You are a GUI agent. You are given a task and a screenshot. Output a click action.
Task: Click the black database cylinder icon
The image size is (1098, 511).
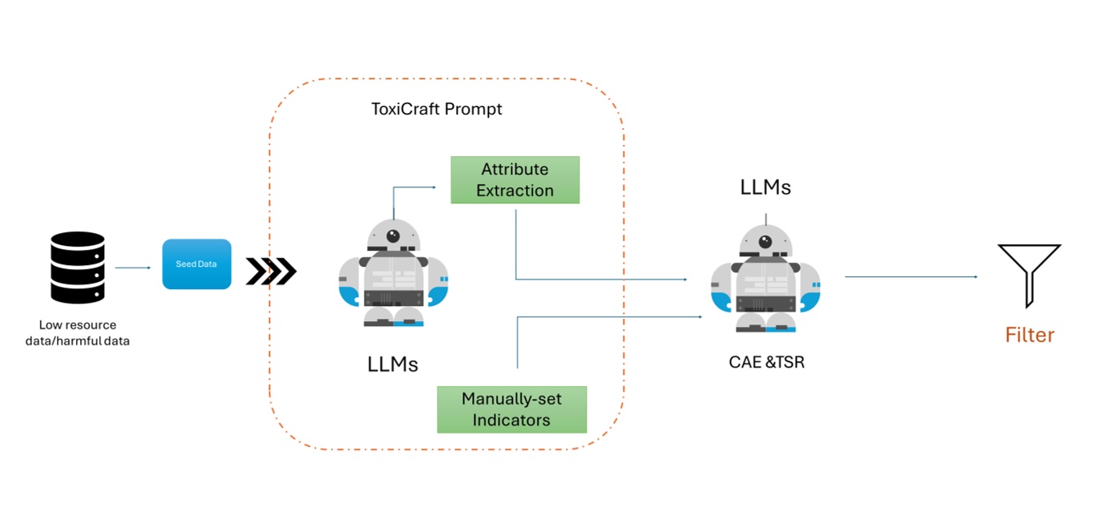[78, 268]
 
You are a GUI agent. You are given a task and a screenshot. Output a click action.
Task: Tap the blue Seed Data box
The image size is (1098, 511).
[196, 264]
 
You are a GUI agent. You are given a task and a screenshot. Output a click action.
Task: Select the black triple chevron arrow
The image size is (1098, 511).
[271, 272]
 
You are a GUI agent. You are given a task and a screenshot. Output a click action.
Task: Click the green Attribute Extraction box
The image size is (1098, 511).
[515, 180]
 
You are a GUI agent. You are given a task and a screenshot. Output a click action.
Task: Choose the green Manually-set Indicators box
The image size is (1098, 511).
[511, 409]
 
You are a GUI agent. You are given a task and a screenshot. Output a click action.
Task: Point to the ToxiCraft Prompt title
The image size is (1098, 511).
[437, 109]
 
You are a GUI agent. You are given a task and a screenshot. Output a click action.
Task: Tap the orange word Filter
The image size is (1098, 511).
[1030, 335]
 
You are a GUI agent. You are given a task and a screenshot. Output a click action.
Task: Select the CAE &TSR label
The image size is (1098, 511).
[766, 362]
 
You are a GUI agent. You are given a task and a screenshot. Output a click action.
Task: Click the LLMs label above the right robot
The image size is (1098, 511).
[765, 187]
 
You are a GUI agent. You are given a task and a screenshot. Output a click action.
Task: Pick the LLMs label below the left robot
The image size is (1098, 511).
[393, 364]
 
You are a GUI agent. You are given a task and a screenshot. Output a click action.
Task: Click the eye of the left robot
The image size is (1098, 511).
[393, 236]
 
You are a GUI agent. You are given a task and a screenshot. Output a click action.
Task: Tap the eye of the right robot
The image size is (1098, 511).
[765, 242]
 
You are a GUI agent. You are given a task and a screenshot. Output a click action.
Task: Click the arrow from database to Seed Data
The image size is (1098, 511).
[133, 268]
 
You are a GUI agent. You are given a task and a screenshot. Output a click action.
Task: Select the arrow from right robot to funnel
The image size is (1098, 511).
[911, 277]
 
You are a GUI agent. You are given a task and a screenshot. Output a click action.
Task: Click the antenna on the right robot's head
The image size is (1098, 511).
[766, 218]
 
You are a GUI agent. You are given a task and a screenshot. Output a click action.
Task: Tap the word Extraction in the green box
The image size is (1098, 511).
[515, 191]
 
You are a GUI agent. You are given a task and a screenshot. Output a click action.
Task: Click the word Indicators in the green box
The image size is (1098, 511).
[511, 420]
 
